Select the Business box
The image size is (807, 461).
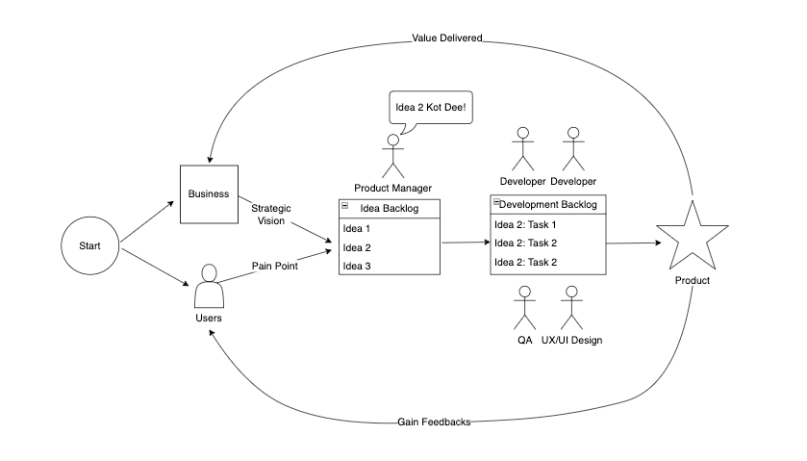point(209,193)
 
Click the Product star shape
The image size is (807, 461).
point(692,237)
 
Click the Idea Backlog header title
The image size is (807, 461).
point(389,209)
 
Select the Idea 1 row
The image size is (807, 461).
point(389,228)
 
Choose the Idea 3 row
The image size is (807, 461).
point(389,266)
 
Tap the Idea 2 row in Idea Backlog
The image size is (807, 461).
point(389,247)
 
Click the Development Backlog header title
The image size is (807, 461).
point(549,205)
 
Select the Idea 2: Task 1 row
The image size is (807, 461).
point(549,224)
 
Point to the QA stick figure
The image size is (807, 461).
point(524,308)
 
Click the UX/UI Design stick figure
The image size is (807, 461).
point(572,308)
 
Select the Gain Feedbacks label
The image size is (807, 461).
point(434,423)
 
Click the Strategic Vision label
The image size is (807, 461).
point(271,215)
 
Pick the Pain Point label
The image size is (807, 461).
point(275,267)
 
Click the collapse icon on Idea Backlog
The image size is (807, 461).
point(344,206)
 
